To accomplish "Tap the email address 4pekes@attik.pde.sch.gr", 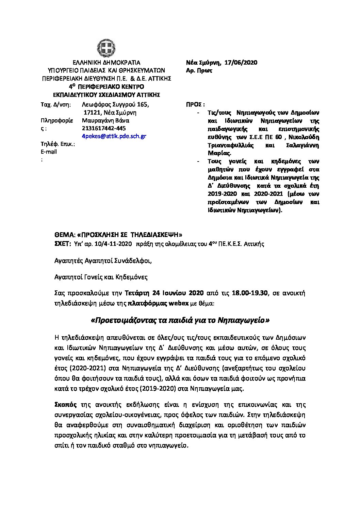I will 114,136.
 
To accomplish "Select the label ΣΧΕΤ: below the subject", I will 62,243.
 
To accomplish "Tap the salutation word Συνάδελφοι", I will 132,261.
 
